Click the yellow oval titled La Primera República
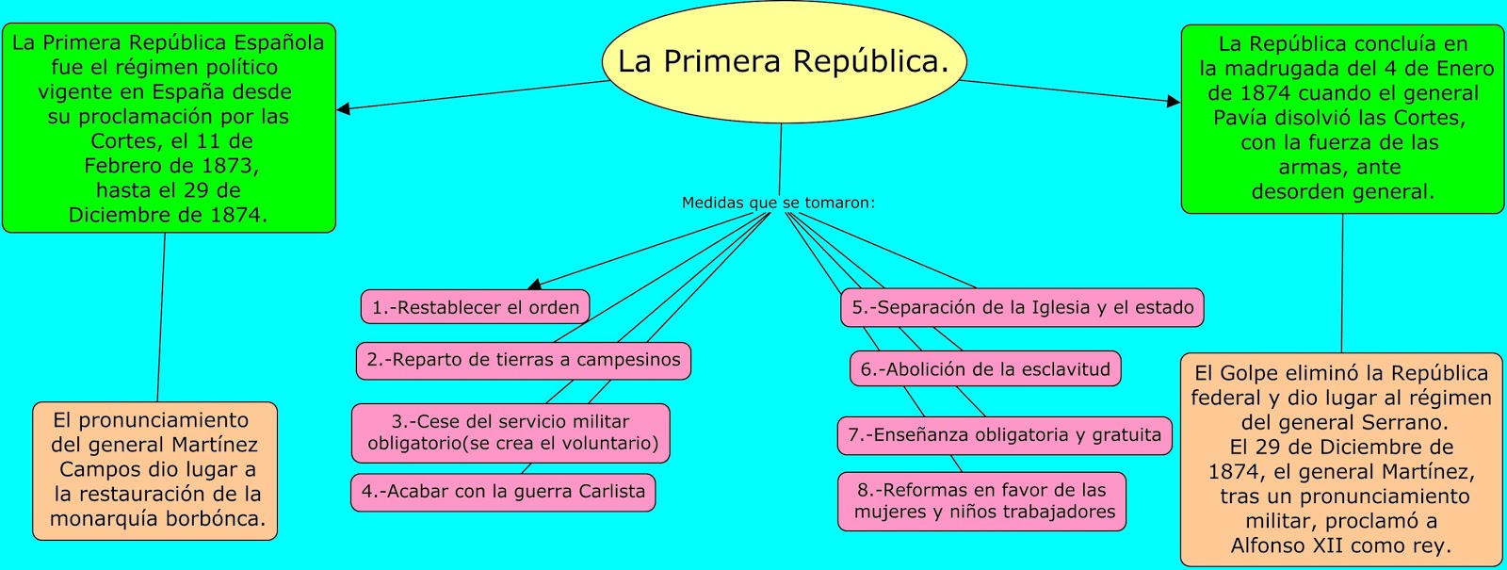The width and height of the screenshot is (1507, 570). [784, 62]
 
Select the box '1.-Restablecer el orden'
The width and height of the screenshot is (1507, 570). [475, 307]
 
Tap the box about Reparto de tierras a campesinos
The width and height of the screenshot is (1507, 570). [523, 360]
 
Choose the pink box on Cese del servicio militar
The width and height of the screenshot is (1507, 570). [510, 432]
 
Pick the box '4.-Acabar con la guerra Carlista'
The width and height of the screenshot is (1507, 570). [503, 492]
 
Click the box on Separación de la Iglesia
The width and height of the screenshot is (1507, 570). [1022, 307]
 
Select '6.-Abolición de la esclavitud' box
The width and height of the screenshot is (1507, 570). [985, 369]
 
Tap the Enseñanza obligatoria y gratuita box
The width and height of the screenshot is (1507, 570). [1004, 435]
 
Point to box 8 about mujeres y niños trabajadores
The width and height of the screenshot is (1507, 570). [981, 501]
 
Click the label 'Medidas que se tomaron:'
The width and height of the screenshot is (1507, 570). [778, 203]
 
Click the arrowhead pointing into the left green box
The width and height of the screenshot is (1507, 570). [344, 108]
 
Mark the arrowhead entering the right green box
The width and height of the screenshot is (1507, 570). [1174, 101]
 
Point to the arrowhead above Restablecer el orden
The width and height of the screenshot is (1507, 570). [534, 284]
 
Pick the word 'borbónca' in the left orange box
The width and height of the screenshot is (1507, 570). [215, 518]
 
